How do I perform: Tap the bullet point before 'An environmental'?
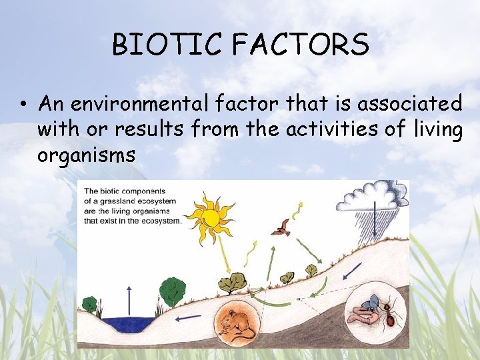point(23,105)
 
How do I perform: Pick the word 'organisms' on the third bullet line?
point(86,155)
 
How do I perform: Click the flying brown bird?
point(281,227)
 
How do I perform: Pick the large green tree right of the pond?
point(172,291)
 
